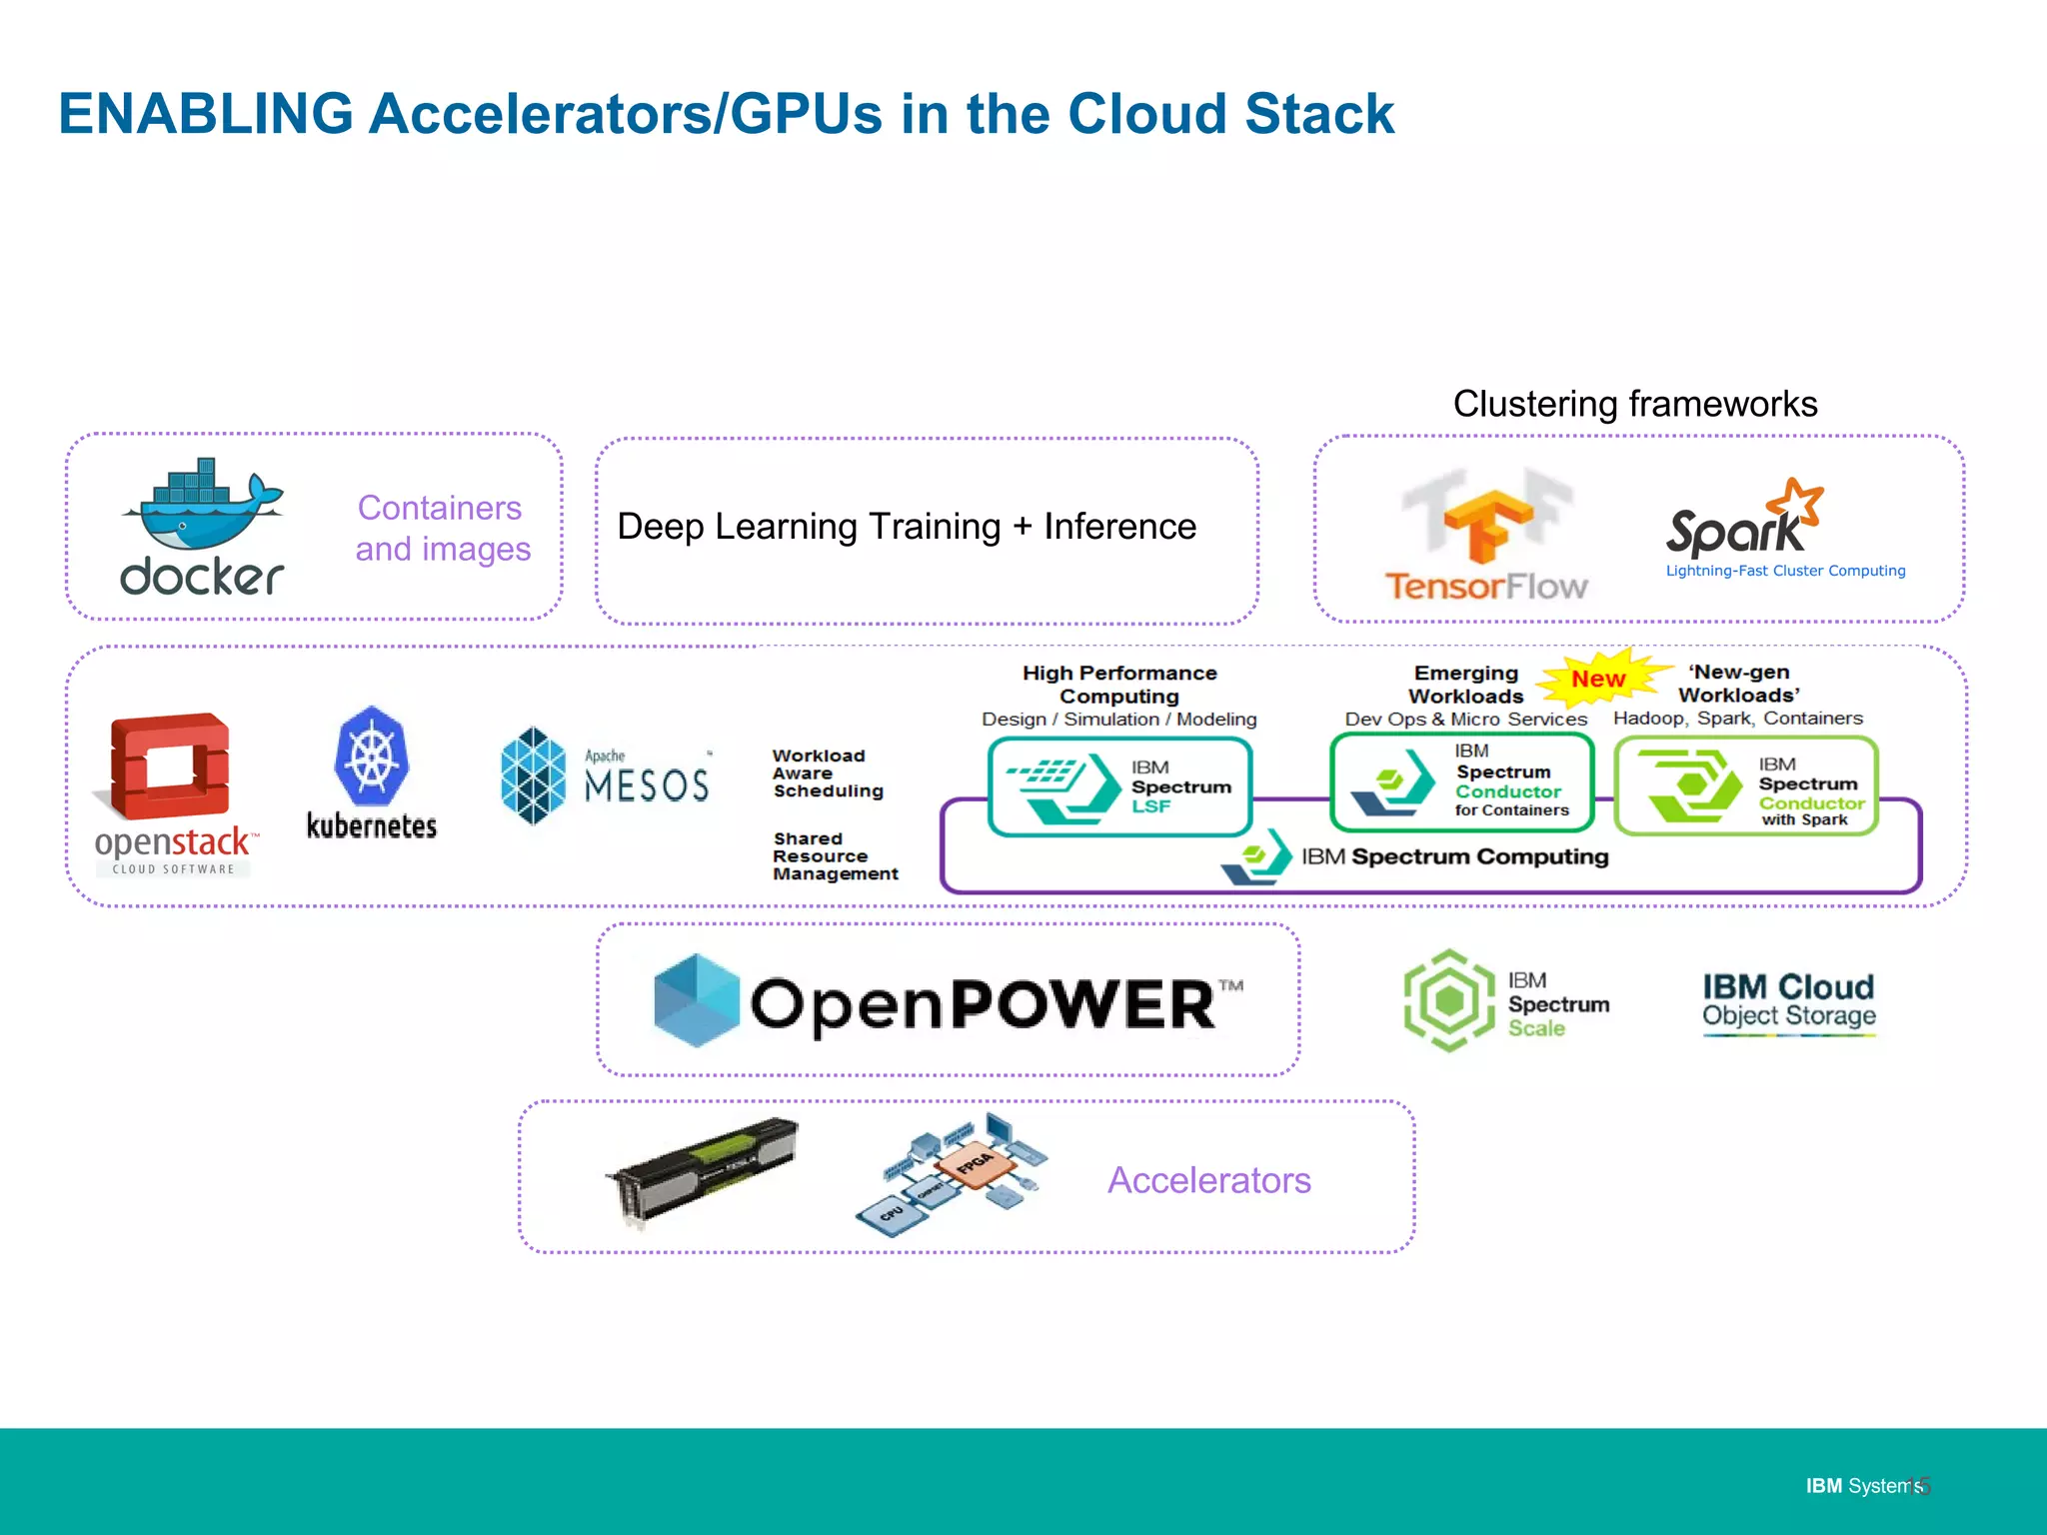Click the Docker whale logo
(x=203, y=505)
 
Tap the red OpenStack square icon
(x=170, y=765)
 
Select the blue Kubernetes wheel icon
(x=372, y=757)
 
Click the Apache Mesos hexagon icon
(x=534, y=775)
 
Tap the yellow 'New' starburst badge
(x=1598, y=679)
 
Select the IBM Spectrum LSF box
(x=1119, y=786)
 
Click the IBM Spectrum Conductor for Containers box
(x=1461, y=782)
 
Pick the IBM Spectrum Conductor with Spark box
(x=1746, y=786)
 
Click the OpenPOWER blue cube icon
(x=697, y=1000)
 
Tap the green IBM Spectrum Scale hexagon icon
(x=1449, y=1000)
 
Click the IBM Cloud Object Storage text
(x=1789, y=1000)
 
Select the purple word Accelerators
(x=1208, y=1180)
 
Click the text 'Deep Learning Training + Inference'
(x=907, y=527)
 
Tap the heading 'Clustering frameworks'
(x=1635, y=404)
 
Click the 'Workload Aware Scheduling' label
(x=827, y=773)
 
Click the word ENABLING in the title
(x=206, y=113)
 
